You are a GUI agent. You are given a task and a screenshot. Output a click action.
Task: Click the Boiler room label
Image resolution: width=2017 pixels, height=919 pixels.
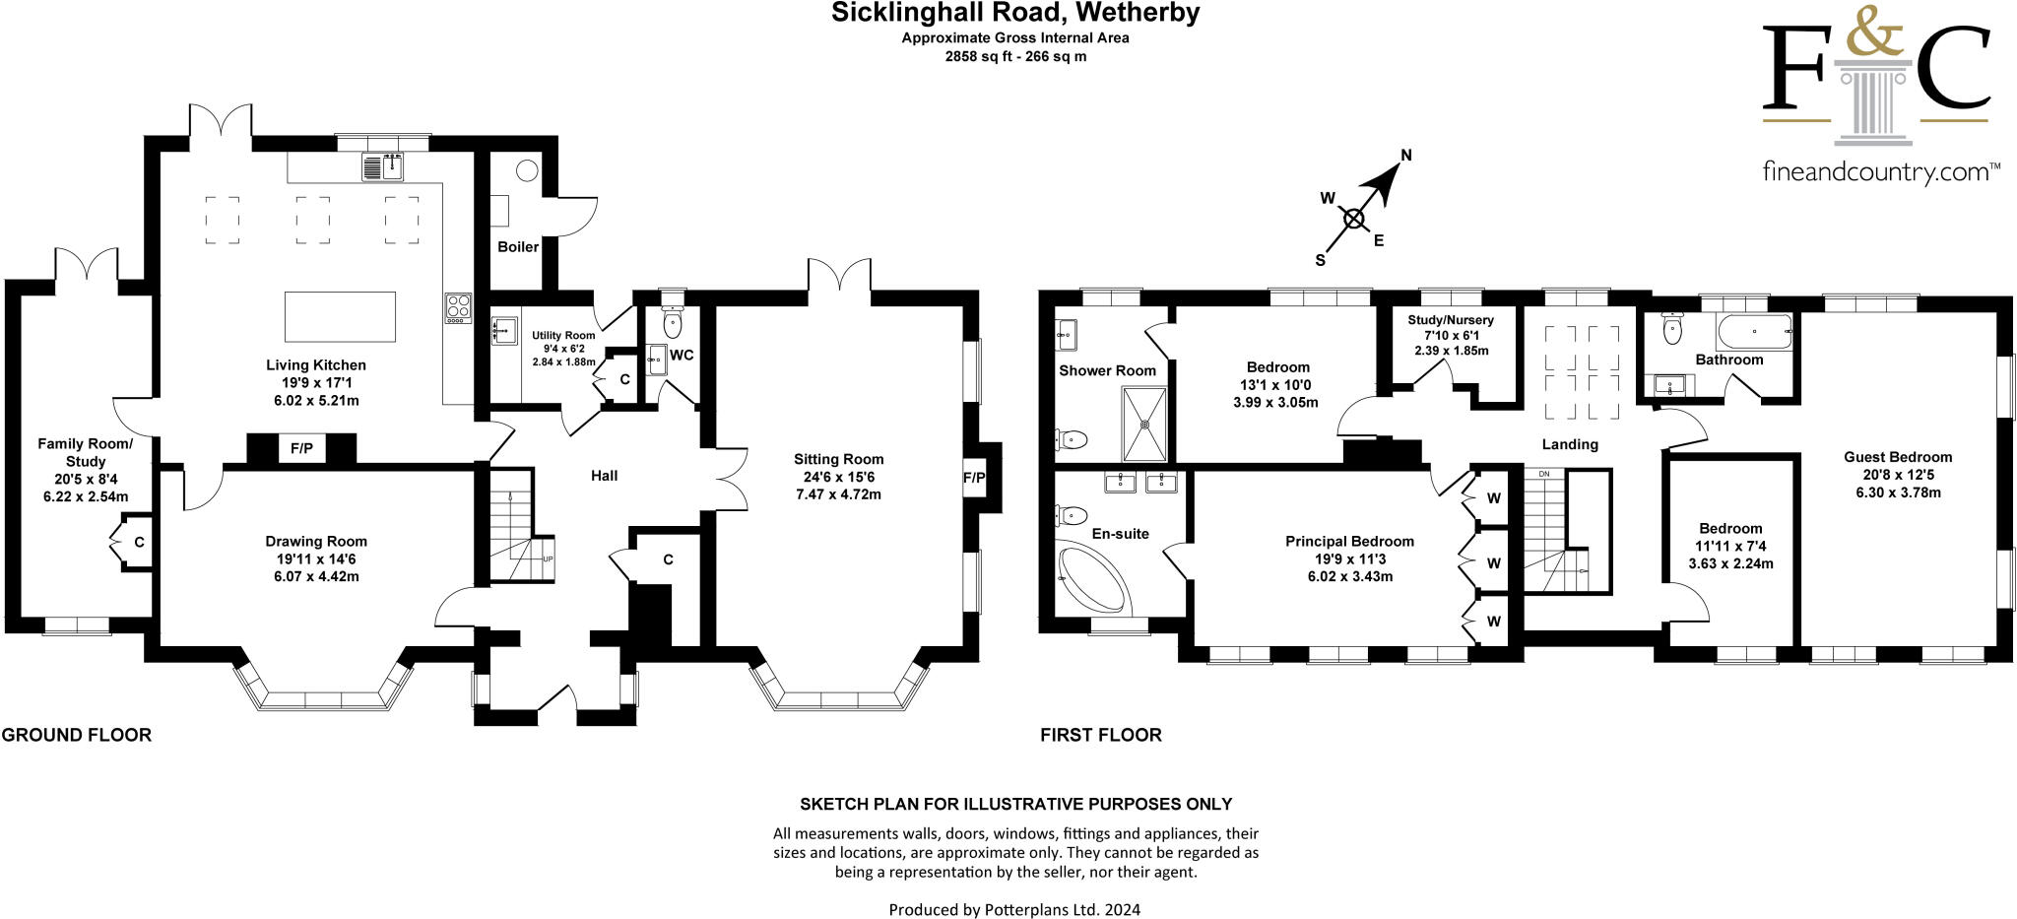tap(517, 246)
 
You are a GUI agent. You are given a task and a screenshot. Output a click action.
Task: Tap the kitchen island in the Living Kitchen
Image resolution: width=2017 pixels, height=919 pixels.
tap(340, 315)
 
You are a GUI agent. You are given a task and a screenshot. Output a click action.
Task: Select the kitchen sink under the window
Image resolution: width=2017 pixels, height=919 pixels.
tap(384, 167)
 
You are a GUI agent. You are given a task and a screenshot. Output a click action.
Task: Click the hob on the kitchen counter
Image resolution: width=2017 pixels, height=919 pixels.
tap(458, 308)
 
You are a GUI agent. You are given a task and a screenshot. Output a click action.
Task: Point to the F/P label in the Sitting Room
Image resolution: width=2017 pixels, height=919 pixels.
tap(973, 478)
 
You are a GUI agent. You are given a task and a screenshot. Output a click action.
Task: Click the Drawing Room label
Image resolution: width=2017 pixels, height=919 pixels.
tap(316, 541)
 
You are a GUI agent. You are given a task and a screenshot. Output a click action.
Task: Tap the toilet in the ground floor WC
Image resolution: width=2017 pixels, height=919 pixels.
tap(674, 321)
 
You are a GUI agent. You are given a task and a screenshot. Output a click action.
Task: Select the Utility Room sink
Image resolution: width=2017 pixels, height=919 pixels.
tap(504, 330)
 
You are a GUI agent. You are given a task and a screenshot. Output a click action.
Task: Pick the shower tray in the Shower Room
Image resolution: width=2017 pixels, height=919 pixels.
tap(1145, 424)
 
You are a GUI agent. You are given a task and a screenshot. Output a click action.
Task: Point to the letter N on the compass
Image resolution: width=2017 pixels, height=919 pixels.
tap(1406, 155)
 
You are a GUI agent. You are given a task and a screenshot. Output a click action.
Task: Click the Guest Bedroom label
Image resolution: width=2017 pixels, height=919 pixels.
tap(1898, 457)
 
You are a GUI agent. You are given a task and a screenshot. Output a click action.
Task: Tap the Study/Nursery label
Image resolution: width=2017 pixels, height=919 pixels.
tap(1451, 320)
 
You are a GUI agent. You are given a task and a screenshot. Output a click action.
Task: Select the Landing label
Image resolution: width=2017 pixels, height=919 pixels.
tap(1570, 444)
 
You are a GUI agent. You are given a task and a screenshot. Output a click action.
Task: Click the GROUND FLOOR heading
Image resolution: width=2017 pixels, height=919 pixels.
tap(77, 735)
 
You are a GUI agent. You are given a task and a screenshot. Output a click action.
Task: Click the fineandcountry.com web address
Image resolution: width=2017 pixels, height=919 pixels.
tap(1880, 173)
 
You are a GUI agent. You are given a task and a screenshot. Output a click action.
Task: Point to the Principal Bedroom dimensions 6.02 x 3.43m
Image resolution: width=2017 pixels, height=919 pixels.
tap(1349, 576)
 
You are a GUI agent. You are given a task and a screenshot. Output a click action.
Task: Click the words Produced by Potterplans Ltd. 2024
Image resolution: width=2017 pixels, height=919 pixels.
tap(1014, 909)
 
